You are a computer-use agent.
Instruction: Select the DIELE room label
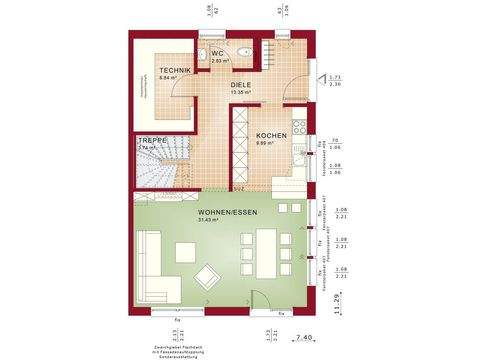[240, 86]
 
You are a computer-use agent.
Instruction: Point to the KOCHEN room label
[271, 135]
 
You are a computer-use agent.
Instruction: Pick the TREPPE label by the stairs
[151, 140]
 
